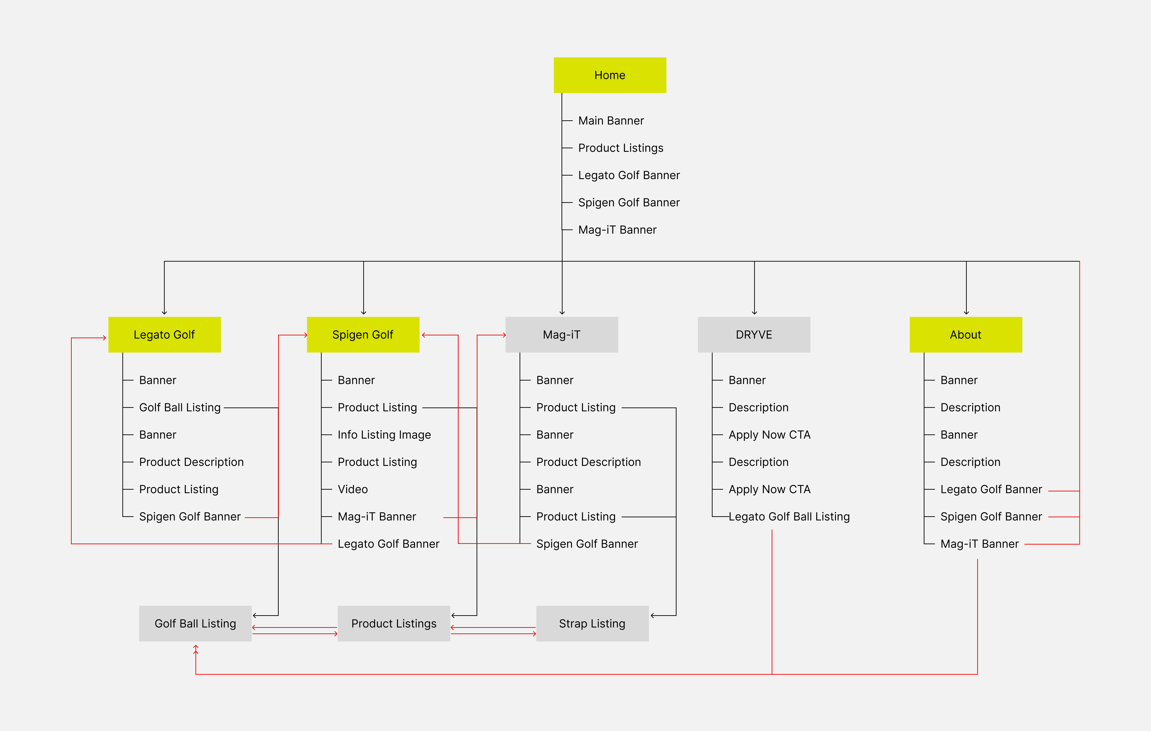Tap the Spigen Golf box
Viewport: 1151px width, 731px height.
click(x=363, y=335)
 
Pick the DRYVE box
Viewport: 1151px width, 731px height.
click(x=754, y=335)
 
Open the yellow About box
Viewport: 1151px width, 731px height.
click(x=966, y=335)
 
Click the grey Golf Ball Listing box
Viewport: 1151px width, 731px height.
click(x=195, y=623)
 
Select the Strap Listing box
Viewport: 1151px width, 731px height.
click(x=592, y=623)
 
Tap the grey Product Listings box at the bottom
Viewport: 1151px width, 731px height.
click(x=394, y=623)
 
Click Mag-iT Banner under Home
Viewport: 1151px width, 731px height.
click(x=617, y=230)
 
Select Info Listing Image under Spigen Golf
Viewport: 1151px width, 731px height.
click(x=384, y=435)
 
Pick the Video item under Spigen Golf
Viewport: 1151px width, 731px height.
click(x=353, y=489)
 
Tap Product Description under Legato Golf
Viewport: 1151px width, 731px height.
click(x=191, y=462)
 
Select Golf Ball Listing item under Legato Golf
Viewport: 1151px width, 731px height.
click(x=180, y=407)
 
